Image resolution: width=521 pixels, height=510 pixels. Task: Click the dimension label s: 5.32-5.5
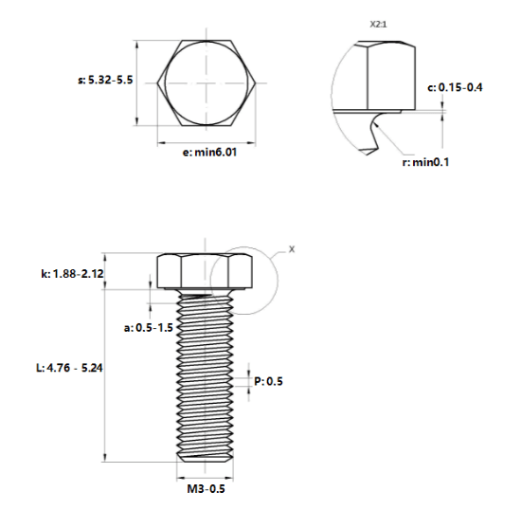[105, 81]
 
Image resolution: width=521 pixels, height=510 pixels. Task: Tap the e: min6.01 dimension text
[209, 153]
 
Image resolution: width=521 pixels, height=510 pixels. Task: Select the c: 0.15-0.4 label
[455, 87]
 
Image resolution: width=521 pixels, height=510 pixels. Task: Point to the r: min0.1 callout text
[425, 162]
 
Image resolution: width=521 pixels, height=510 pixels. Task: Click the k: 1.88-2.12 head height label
[72, 274]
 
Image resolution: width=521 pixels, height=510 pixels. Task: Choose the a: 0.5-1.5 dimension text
[148, 327]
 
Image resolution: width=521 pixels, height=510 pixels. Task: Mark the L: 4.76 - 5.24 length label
[69, 368]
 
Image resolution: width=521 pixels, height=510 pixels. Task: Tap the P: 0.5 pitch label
[268, 381]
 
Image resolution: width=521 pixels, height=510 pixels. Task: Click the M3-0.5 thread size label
[206, 489]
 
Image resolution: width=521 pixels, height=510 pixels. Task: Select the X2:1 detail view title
[379, 25]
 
